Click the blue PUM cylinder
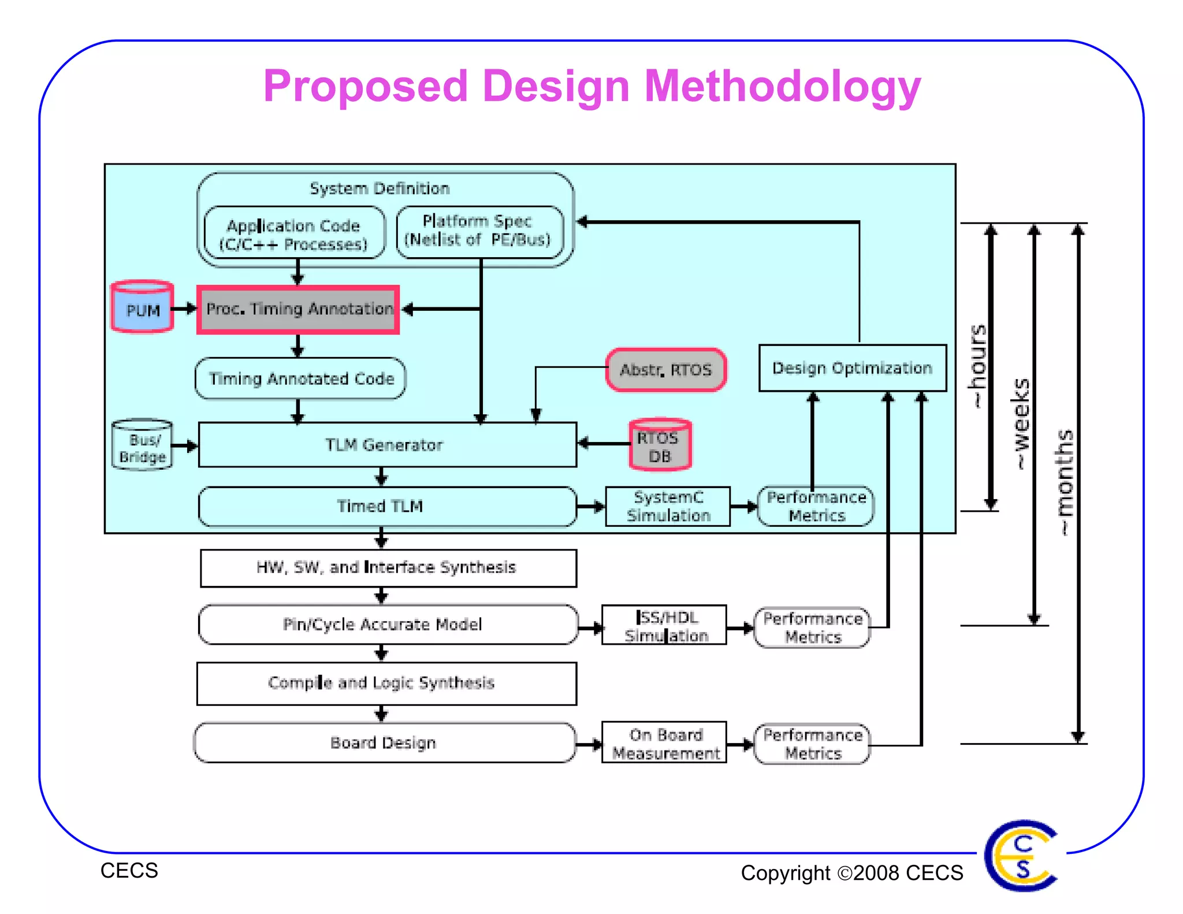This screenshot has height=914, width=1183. (142, 307)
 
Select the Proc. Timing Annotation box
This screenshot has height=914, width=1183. (298, 310)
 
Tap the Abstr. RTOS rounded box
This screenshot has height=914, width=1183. (665, 370)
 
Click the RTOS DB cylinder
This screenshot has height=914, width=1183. (660, 445)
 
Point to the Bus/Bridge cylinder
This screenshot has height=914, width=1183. (142, 445)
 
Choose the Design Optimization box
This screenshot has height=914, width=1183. (852, 368)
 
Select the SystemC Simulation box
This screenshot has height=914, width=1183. (668, 506)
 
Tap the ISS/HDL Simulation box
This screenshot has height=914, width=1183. (664, 626)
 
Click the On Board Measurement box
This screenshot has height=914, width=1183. (664, 744)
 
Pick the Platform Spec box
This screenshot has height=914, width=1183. (479, 231)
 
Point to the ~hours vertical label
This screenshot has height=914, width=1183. (977, 366)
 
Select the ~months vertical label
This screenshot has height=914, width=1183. (1064, 483)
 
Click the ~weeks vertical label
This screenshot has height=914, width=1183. (1021, 425)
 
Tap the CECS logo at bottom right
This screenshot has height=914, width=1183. (1021, 856)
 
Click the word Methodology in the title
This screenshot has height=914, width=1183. (782, 87)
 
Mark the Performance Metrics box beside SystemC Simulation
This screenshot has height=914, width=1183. (816, 506)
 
